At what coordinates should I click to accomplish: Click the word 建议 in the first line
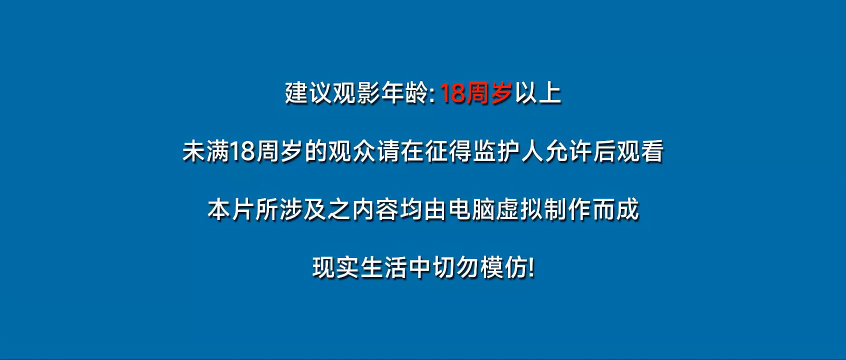(308, 93)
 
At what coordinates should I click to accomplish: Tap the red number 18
(452, 93)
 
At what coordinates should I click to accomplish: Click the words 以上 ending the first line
(538, 93)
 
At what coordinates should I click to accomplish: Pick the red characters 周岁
(489, 93)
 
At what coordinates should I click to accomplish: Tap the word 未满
(206, 151)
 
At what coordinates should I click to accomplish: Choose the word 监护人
(508, 151)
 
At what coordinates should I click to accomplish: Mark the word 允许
(568, 151)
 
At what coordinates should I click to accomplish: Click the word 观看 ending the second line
(640, 151)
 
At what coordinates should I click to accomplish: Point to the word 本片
(230, 209)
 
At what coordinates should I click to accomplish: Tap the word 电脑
(471, 209)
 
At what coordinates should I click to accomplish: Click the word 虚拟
(519, 209)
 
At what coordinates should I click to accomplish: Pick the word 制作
(567, 209)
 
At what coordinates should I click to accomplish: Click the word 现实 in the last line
(336, 268)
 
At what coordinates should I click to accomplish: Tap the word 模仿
(504, 268)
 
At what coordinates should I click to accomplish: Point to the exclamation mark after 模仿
(532, 268)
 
